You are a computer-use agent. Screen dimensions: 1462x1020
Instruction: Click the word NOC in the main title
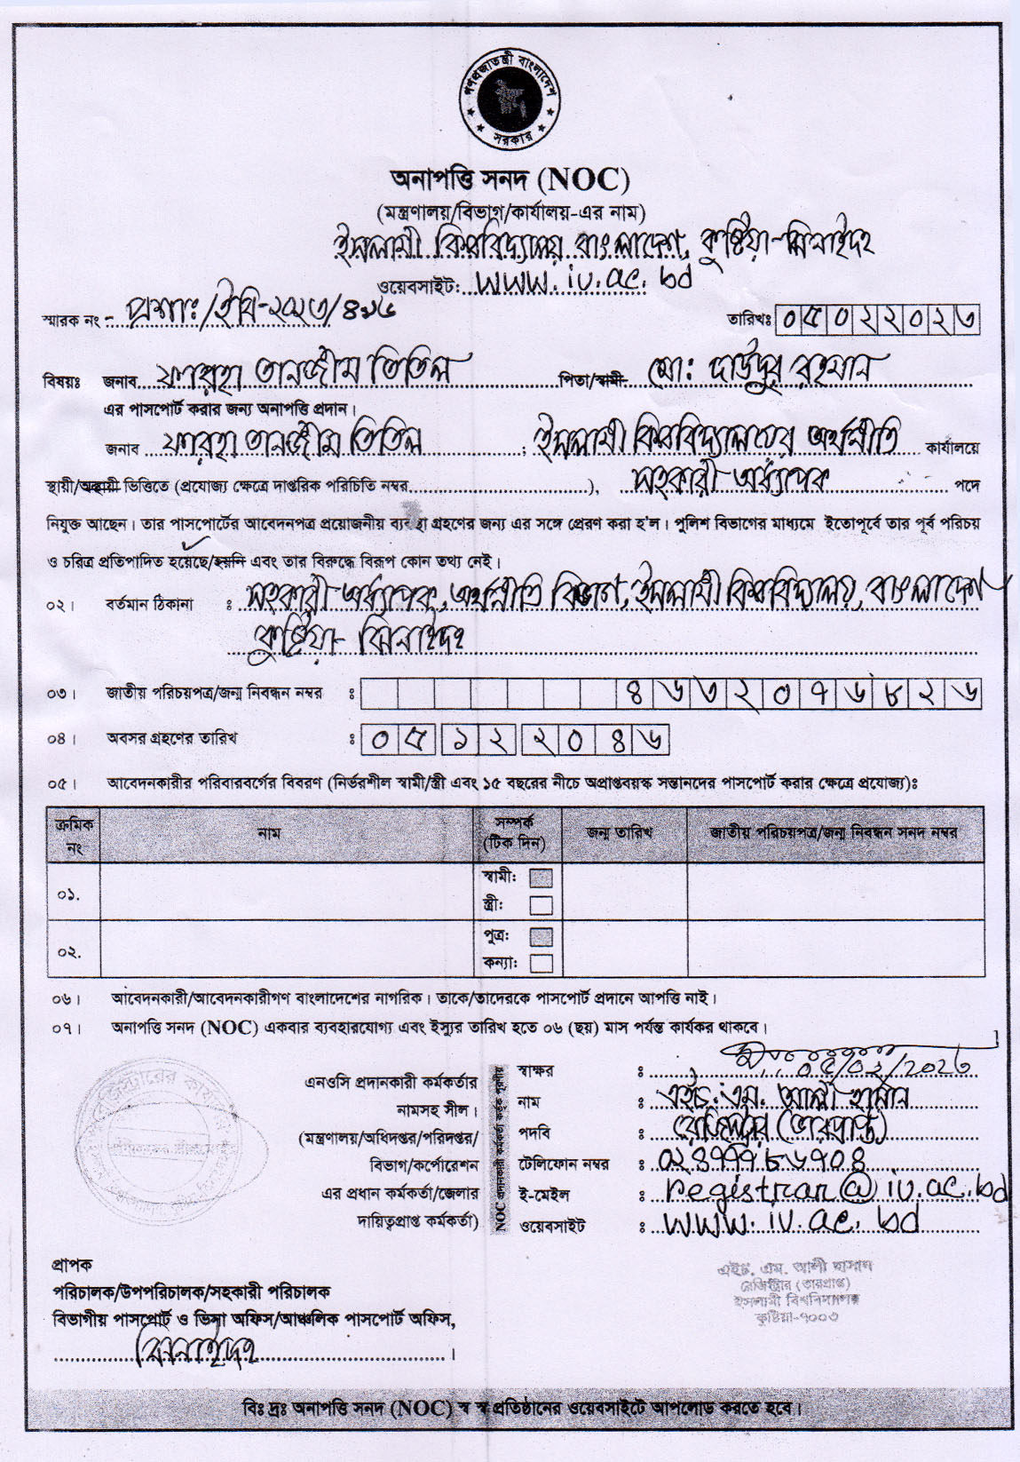pyautogui.click(x=588, y=180)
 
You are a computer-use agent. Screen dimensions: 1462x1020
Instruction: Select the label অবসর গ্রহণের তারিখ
pyautogui.click(x=172, y=737)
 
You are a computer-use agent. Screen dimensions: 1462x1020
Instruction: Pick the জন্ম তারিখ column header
pyautogui.click(x=619, y=833)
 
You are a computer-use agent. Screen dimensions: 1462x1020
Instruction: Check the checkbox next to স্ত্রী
pyautogui.click(x=541, y=905)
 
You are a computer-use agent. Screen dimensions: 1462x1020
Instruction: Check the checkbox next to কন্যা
pyautogui.click(x=541, y=963)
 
